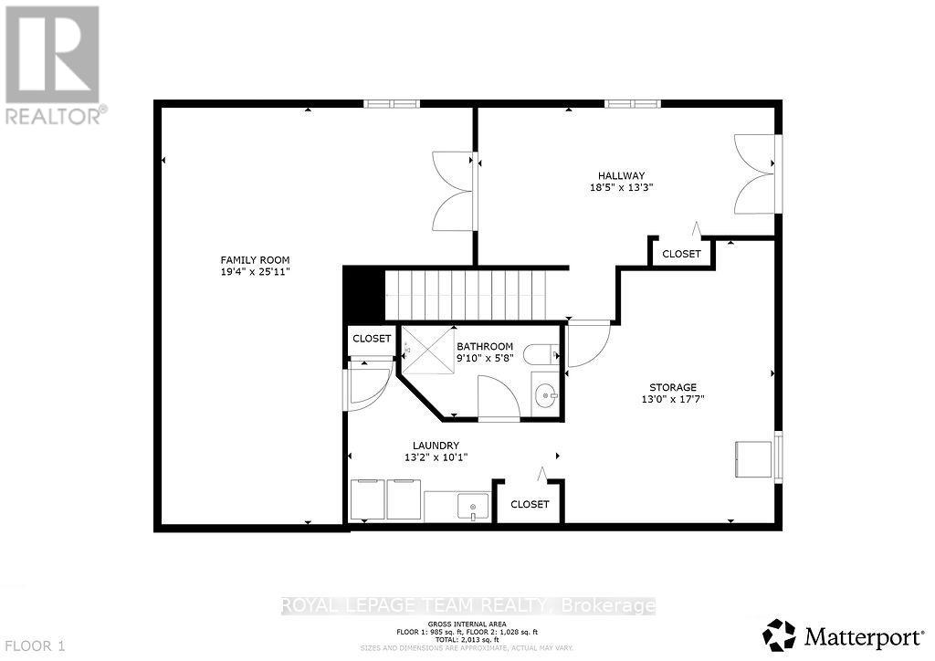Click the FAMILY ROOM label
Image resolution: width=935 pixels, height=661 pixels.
[249, 259]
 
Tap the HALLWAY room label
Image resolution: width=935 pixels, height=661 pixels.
[622, 175]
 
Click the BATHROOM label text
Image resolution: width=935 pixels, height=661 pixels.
[485, 346]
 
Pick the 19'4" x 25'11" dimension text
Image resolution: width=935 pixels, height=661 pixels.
[249, 271]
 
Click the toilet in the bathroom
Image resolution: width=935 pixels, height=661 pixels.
[546, 351]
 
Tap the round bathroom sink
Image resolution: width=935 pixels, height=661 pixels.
[546, 394]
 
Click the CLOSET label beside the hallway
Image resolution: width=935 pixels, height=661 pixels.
[681, 254]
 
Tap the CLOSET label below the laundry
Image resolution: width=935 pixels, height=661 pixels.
[530, 504]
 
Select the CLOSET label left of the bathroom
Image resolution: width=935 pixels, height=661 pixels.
[372, 339]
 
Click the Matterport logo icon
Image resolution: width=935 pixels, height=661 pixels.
[779, 635]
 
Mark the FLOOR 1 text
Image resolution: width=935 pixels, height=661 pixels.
[34, 646]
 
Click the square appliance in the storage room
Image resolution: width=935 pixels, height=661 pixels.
[754, 458]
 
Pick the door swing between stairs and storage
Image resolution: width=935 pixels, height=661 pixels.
[587, 344]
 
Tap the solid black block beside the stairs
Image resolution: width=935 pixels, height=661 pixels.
[362, 293]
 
